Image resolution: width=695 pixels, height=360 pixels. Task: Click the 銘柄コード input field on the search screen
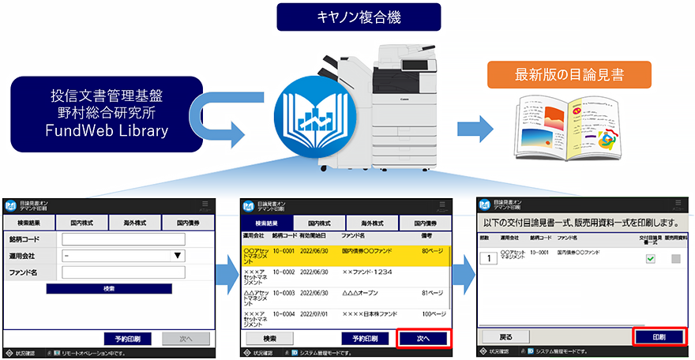(123, 239)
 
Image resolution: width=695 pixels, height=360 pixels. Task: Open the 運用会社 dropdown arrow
(178, 256)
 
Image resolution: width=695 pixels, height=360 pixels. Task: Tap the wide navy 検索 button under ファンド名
(108, 289)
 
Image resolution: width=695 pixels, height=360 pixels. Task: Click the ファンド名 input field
(123, 272)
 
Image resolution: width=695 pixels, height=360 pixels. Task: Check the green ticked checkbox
(651, 259)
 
